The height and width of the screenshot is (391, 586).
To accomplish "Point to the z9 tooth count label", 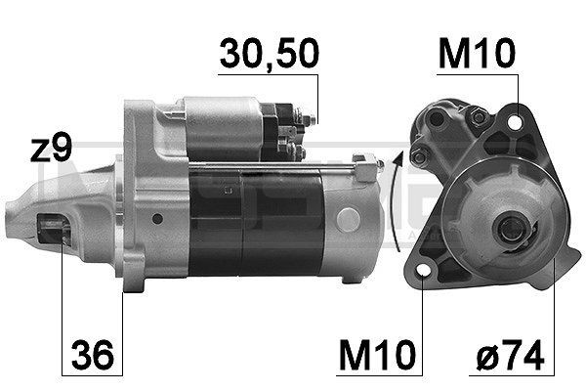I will pyautogui.click(x=51, y=150).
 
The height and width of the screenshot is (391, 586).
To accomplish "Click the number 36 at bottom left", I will pyautogui.click(x=93, y=349).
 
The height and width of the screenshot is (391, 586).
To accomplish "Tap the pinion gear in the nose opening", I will pyautogui.click(x=54, y=233).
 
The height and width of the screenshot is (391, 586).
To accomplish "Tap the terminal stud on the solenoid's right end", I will pyautogui.click(x=309, y=122).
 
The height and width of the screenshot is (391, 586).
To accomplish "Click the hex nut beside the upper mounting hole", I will pyautogui.click(x=480, y=117).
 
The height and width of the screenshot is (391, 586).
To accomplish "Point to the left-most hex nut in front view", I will pyautogui.click(x=419, y=157).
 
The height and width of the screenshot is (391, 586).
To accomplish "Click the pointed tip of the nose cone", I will pyautogui.click(x=10, y=206).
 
